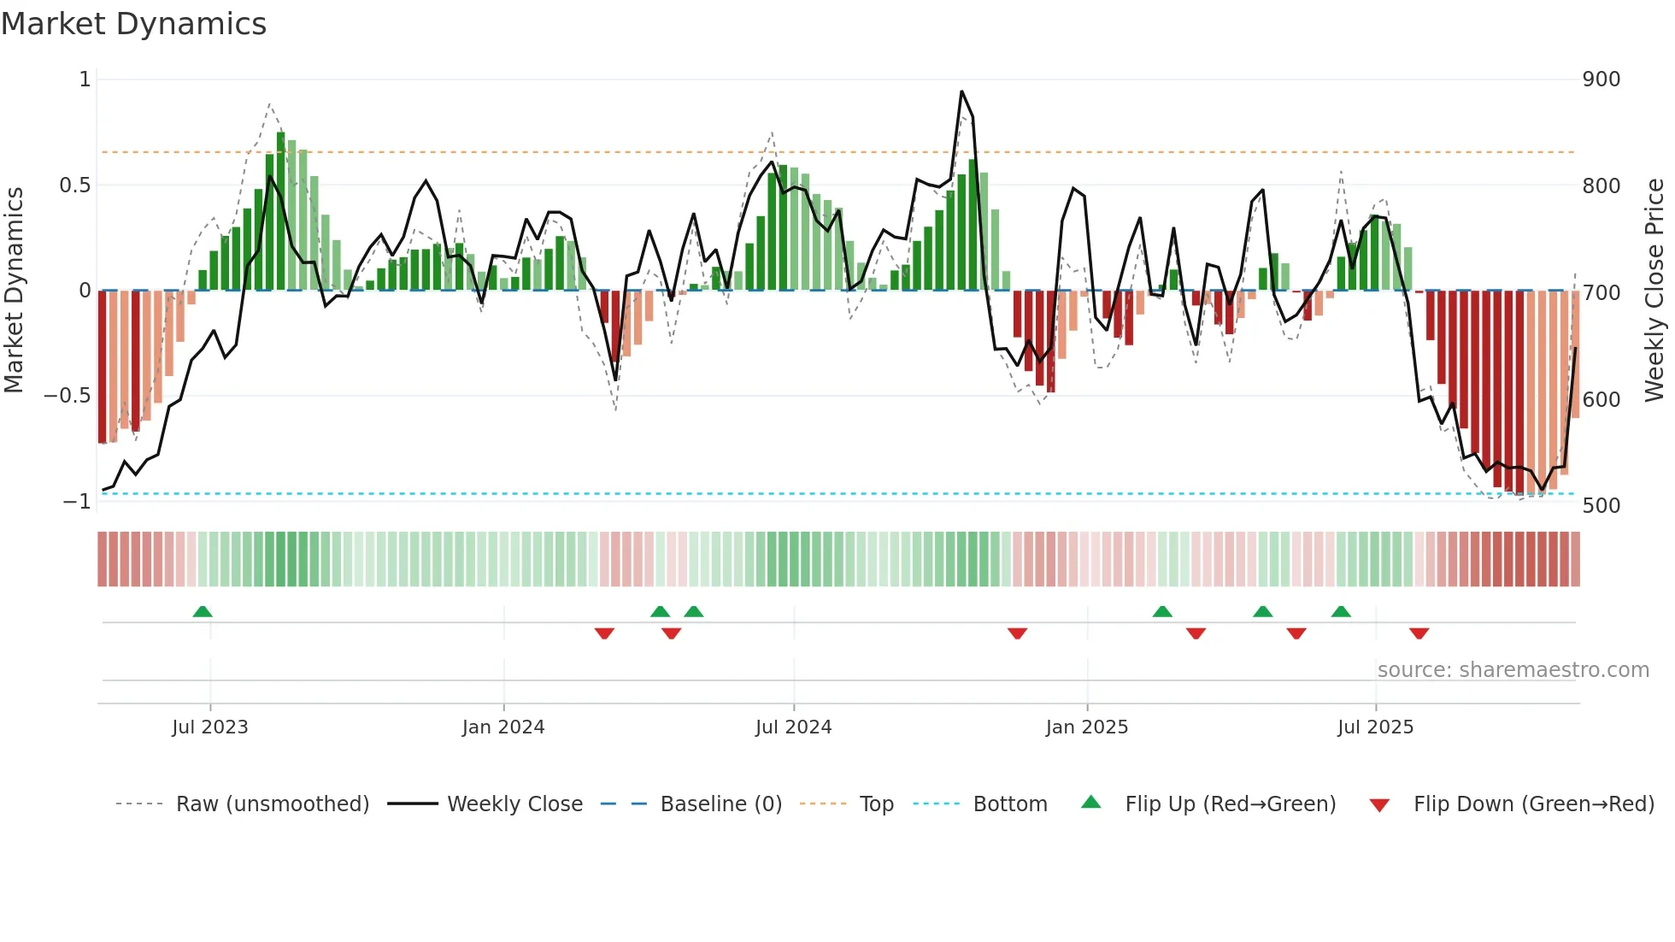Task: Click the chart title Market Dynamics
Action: pos(133,24)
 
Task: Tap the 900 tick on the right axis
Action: pos(1601,79)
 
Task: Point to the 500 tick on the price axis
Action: pos(1601,505)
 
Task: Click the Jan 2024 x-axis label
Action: pos(502,727)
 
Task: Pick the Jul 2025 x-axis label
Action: pos(1375,727)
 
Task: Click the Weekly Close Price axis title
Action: pos(1654,291)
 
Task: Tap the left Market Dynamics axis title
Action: pos(14,291)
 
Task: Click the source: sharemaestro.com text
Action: pos(1513,670)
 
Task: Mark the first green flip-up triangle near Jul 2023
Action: pos(203,612)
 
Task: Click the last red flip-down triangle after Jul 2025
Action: pos(1419,633)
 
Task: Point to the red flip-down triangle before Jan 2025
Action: pos(1017,633)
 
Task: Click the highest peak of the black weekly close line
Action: pos(961,91)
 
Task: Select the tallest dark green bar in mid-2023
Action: pos(281,211)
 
